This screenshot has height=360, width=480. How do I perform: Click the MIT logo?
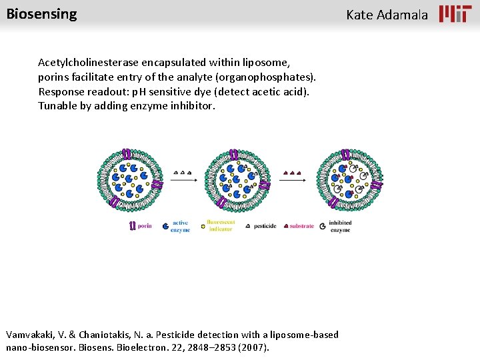pos(455,14)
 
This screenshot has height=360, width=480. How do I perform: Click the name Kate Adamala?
pos(387,15)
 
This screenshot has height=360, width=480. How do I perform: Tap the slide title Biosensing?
pos(41,14)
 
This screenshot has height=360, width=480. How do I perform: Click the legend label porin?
pos(145,226)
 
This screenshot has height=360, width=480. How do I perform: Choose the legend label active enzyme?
pos(180,226)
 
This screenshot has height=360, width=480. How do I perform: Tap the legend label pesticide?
pos(265,226)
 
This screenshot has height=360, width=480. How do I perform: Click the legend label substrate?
pos(301,226)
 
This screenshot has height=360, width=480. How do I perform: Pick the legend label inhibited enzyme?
pos(340,226)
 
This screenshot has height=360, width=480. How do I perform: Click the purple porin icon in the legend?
pos(133,226)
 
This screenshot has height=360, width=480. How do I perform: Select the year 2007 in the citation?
pos(255,347)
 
